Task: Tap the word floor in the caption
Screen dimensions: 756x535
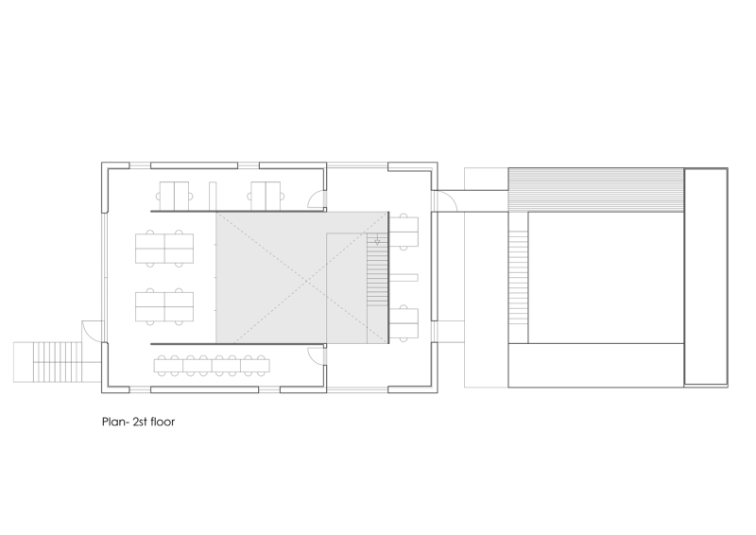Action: click(163, 423)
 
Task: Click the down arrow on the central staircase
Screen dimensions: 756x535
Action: click(377, 240)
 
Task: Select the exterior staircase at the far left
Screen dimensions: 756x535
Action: click(47, 362)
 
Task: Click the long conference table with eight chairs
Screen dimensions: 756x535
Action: click(212, 365)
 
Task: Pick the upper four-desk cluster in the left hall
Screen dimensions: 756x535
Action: click(164, 248)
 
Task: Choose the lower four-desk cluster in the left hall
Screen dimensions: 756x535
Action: click(164, 307)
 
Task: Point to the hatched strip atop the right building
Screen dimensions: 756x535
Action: click(596, 190)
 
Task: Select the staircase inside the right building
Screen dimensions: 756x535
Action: click(518, 277)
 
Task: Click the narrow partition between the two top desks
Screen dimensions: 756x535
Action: click(213, 196)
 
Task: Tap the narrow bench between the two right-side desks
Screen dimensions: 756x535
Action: click(404, 277)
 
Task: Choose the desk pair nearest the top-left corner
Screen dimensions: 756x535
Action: click(174, 196)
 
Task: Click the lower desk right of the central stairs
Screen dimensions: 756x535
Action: click(404, 323)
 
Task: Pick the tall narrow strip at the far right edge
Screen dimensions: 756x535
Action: click(706, 277)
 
